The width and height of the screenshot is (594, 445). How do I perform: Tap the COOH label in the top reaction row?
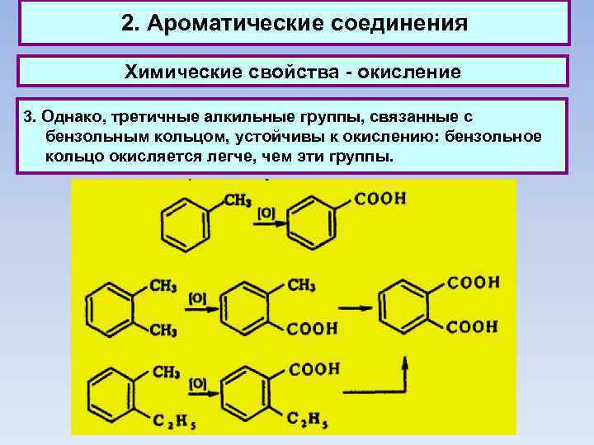coord(380,199)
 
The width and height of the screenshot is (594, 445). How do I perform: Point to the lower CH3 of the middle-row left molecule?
coord(164,330)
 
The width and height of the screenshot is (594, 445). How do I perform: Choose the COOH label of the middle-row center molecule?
coord(313,329)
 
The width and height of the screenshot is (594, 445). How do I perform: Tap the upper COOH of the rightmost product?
coord(473,283)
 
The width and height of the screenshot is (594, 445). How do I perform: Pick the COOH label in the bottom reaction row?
coord(314,370)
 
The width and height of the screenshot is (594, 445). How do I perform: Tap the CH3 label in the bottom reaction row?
coord(166,372)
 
